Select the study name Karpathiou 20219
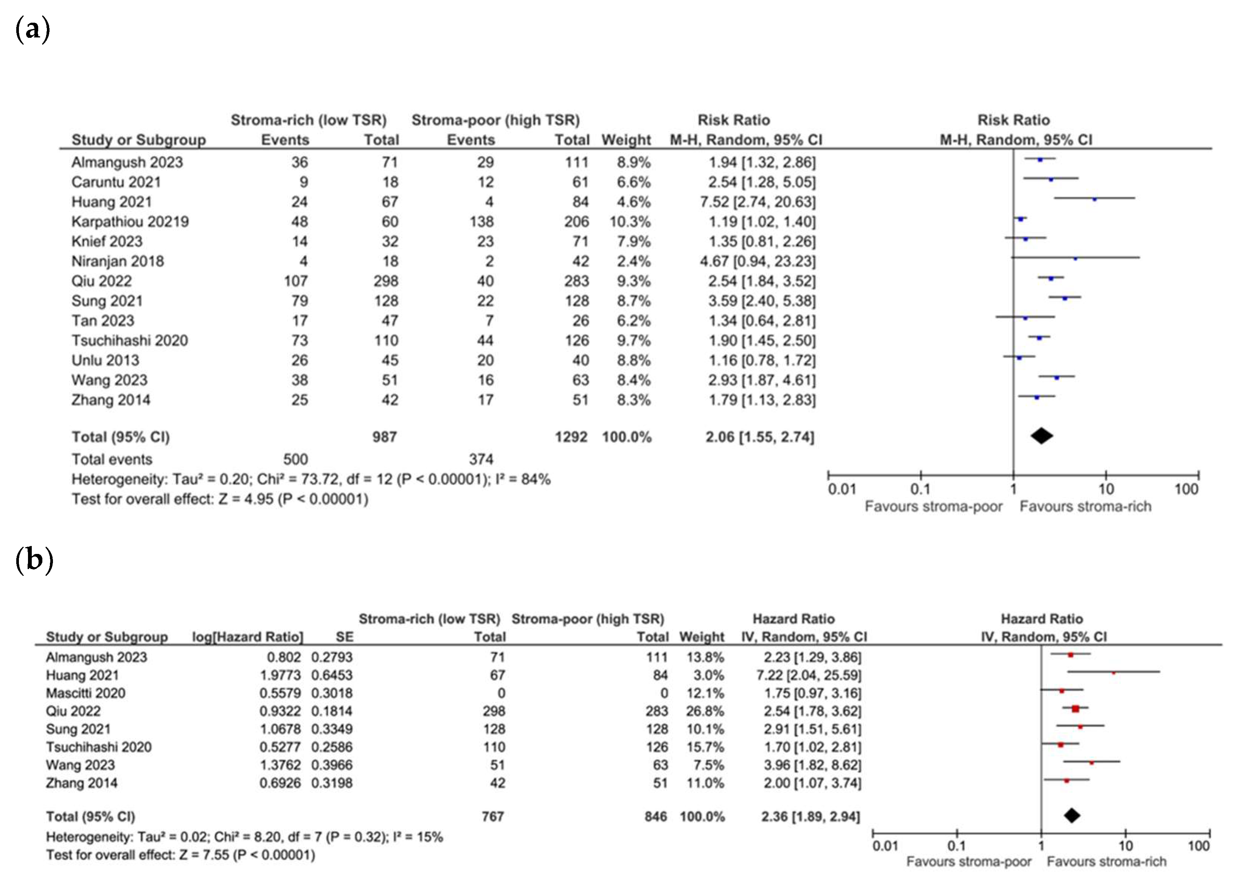[130, 222]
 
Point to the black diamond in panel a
[1042, 436]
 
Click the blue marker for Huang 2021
[1094, 200]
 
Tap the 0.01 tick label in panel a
[841, 489]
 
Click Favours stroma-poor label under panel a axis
[933, 507]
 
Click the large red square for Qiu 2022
[1075, 709]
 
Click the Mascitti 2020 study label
[85, 693]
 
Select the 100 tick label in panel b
[1198, 846]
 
